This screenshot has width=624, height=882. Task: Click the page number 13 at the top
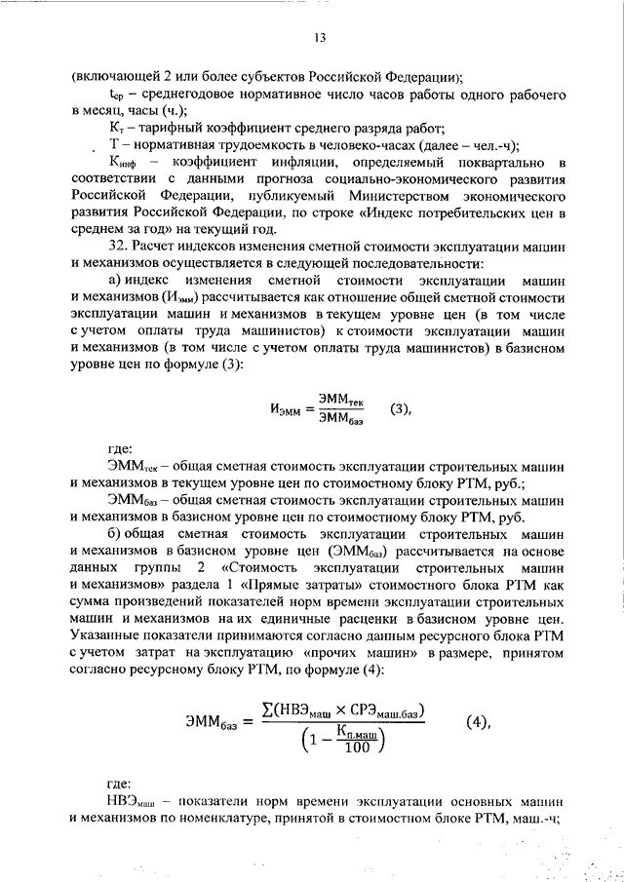(318, 38)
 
